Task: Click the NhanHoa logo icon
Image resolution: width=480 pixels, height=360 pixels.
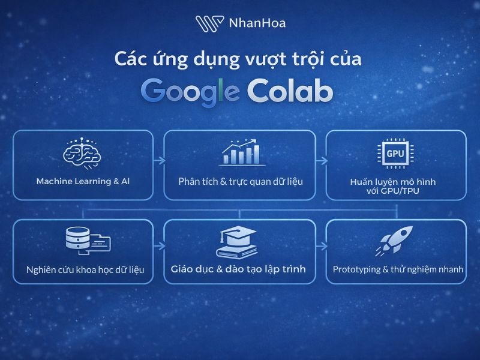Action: (x=209, y=23)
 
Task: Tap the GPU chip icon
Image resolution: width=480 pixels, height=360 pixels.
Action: (x=395, y=154)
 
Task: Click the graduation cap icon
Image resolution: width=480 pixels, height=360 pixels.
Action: (x=238, y=242)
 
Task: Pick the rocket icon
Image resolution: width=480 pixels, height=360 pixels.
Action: (x=395, y=241)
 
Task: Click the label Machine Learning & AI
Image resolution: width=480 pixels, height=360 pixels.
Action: (x=83, y=181)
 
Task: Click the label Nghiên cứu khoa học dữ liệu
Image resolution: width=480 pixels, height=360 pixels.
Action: (x=85, y=269)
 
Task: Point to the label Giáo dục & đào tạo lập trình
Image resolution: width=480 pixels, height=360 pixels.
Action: (x=238, y=269)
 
